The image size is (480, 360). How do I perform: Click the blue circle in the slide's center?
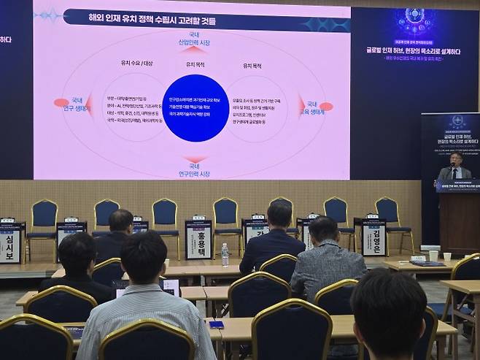(x=195, y=108)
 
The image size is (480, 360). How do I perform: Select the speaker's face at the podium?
(x=455, y=160)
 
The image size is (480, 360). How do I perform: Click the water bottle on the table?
(x=225, y=254)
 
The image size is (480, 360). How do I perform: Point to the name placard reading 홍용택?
(x=198, y=240)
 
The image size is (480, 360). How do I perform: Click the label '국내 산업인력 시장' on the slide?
(x=194, y=40)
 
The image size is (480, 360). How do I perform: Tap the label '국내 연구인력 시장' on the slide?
(x=194, y=170)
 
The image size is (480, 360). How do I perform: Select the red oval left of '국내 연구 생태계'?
(x=61, y=103)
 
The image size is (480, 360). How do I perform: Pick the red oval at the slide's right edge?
(x=325, y=107)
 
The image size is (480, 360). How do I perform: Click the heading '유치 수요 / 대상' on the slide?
(x=135, y=64)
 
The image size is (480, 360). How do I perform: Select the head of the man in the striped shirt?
(x=143, y=256)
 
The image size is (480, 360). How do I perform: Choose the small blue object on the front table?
(x=216, y=324)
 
